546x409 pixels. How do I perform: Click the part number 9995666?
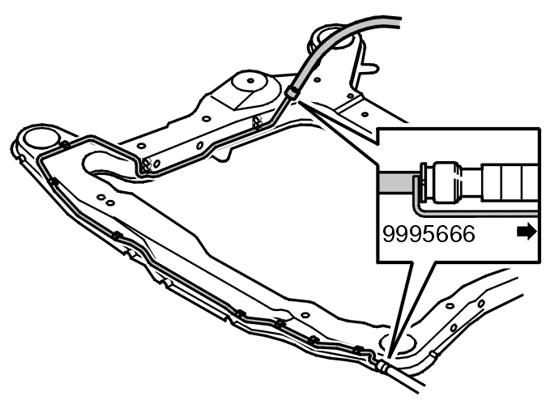429,233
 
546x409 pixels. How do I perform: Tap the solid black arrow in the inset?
527,232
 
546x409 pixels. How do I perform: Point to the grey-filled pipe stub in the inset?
396,182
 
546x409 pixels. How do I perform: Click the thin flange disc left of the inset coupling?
424,181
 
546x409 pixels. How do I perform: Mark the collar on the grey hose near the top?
292,92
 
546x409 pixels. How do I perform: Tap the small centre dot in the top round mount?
250,81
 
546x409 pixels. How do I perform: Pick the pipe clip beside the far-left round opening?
65,145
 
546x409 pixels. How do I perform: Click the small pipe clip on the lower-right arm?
433,354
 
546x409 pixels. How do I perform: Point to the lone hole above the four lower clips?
305,315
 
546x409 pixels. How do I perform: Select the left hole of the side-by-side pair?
101,198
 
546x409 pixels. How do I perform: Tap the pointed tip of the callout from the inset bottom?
389,359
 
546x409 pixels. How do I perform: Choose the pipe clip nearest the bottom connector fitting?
358,350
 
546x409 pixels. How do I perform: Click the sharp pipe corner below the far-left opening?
41,159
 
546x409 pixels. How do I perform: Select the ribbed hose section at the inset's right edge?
510,182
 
